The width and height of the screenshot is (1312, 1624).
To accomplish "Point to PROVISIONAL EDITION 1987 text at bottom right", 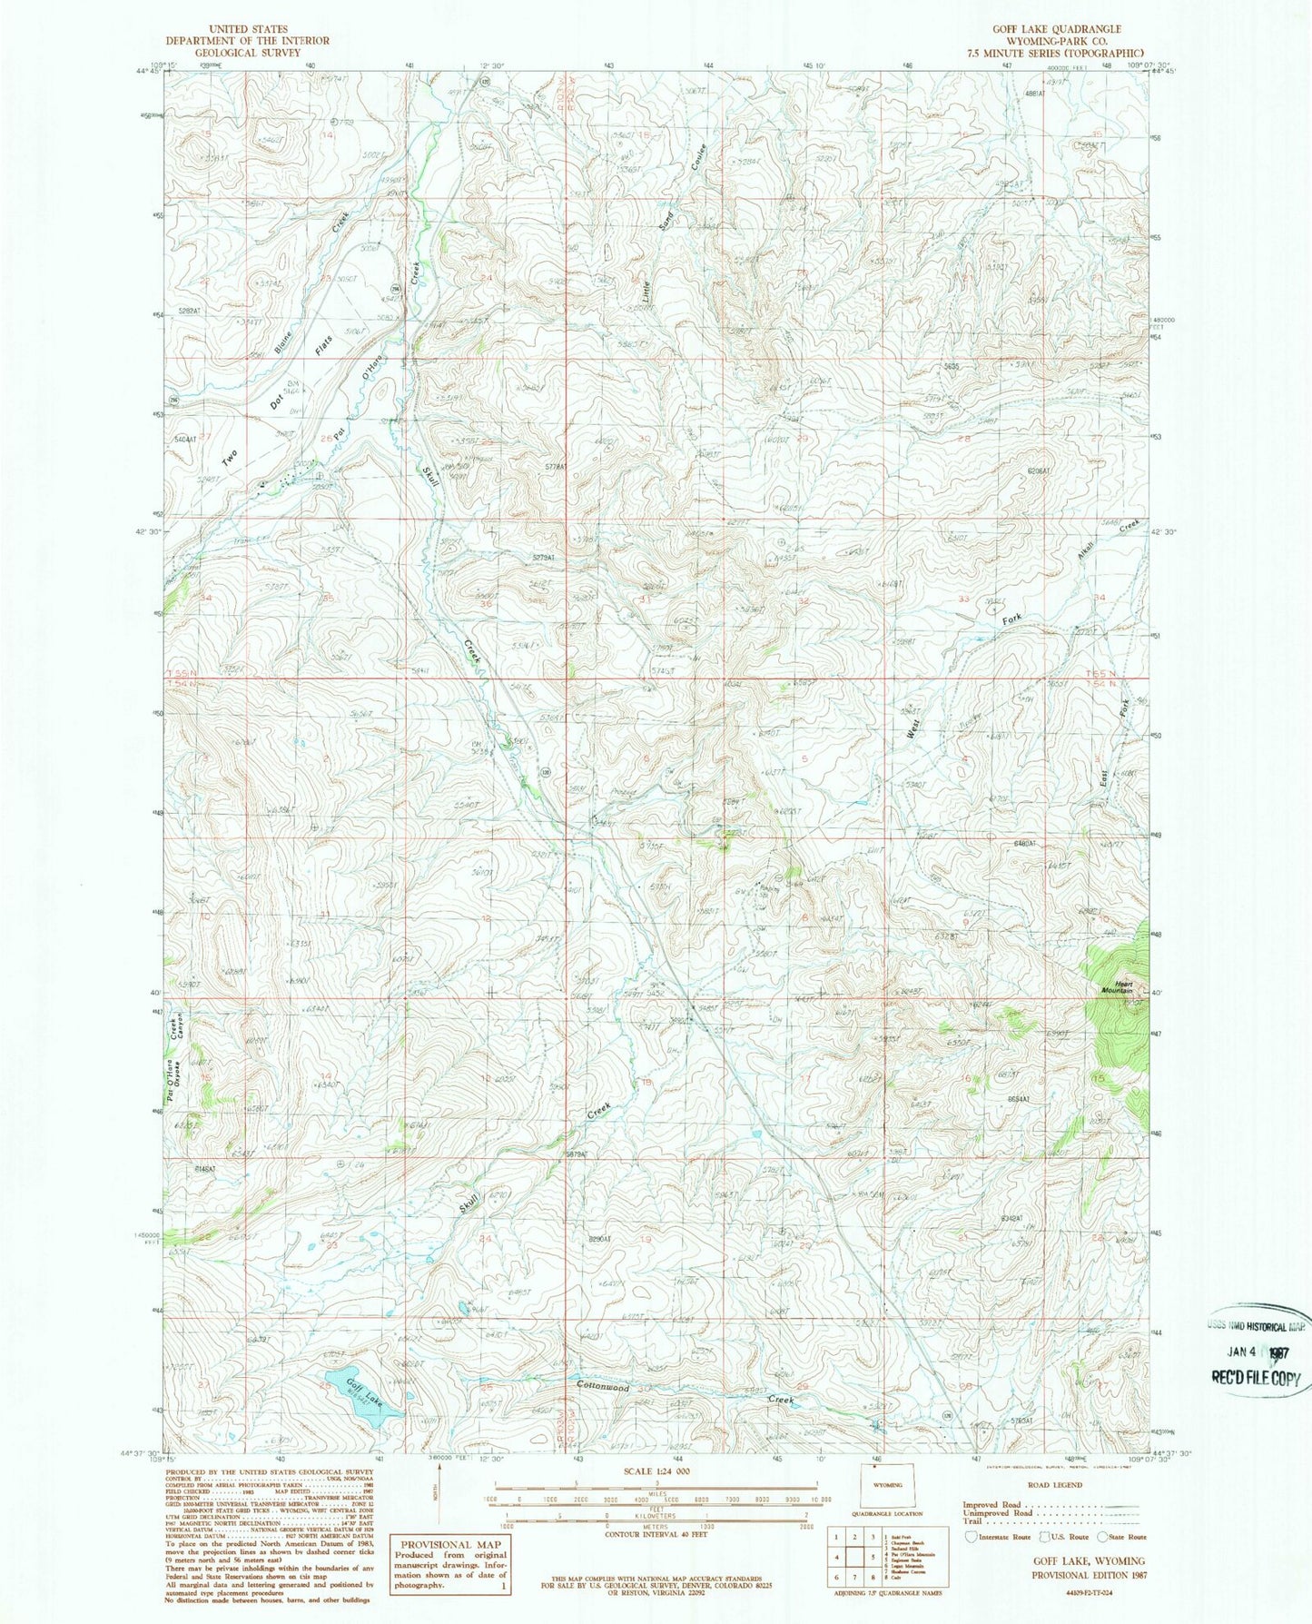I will coord(1089,1575).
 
